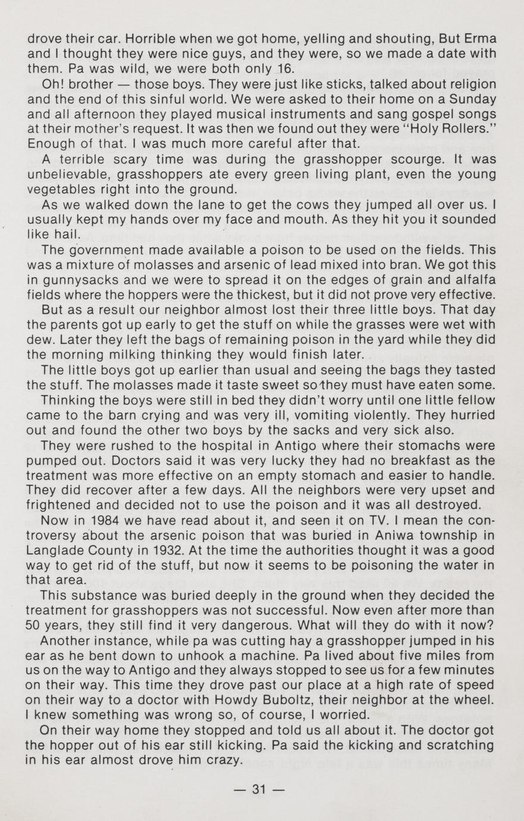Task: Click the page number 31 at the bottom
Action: (x=258, y=790)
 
